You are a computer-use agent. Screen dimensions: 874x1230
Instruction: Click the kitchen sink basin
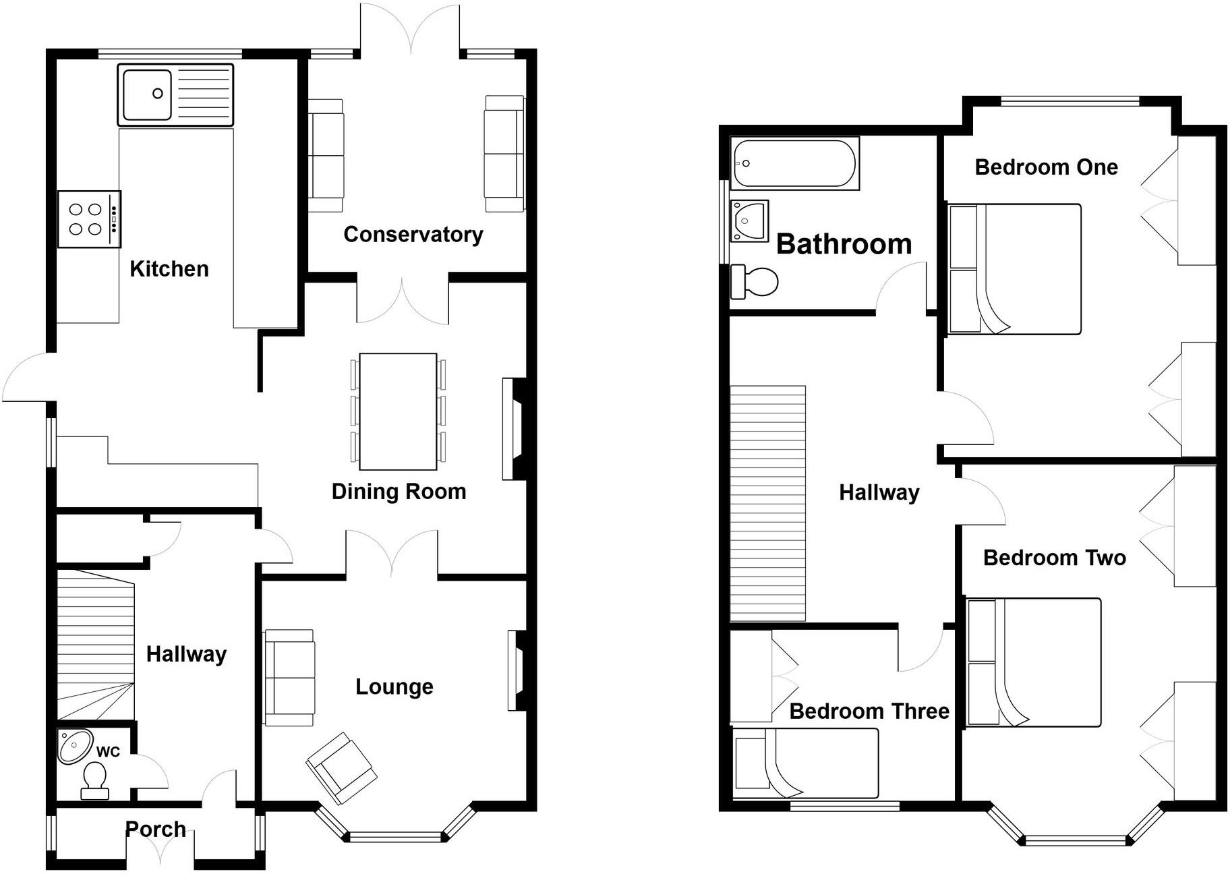pos(146,94)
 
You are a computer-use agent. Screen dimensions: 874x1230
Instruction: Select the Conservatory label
pos(413,235)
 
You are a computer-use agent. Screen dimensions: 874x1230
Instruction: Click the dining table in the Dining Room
pos(398,411)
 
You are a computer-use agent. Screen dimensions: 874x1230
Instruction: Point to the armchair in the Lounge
pos(341,769)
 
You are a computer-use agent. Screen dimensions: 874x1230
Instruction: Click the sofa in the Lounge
pos(289,677)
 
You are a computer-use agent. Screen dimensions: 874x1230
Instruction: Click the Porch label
pos(155,829)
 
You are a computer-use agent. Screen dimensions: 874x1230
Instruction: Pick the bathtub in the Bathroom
pos(794,163)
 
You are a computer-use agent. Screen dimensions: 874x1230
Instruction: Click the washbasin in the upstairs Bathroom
pos(749,220)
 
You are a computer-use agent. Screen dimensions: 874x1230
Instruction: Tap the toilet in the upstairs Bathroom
pos(755,281)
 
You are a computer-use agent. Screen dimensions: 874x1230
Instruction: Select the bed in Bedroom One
pos(1014,268)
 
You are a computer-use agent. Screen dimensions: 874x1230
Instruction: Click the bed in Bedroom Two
pos(1033,662)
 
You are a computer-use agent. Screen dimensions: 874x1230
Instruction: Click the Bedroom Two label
pos(1054,558)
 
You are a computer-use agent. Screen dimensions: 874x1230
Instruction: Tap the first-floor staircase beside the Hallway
pos(768,503)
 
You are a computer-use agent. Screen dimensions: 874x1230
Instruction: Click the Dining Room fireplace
pos(514,429)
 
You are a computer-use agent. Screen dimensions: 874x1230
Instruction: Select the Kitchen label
pos(169,269)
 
